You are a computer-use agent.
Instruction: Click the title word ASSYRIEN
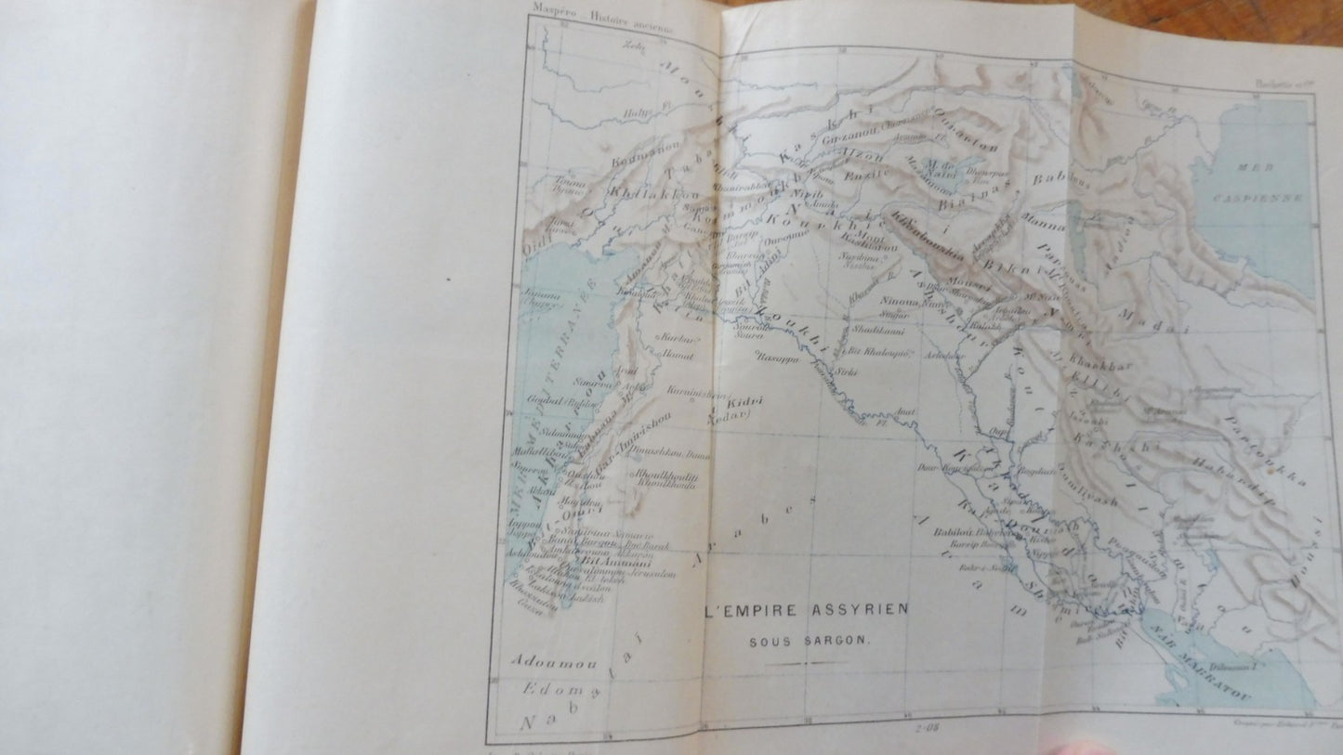[869, 609]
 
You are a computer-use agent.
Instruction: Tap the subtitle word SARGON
[841, 641]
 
